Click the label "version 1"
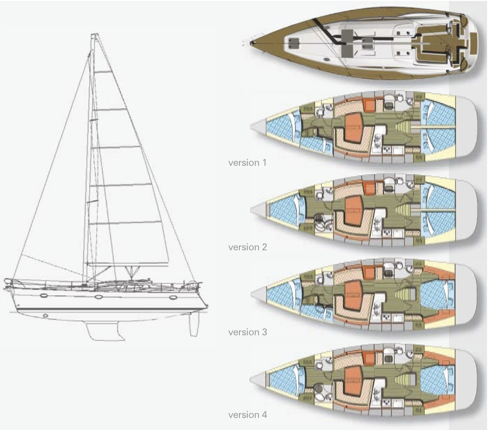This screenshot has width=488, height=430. click(x=248, y=163)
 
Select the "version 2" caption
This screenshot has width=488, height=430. click(x=248, y=247)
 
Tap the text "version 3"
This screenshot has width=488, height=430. click(x=248, y=332)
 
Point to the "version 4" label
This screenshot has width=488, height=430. click(x=248, y=415)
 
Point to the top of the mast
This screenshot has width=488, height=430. click(x=94, y=35)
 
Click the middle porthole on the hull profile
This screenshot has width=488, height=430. click(x=99, y=296)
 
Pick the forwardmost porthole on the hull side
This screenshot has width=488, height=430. click(x=173, y=297)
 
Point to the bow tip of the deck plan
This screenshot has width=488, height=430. click(x=251, y=43)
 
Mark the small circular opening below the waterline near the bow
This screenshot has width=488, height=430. click(x=45, y=315)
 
